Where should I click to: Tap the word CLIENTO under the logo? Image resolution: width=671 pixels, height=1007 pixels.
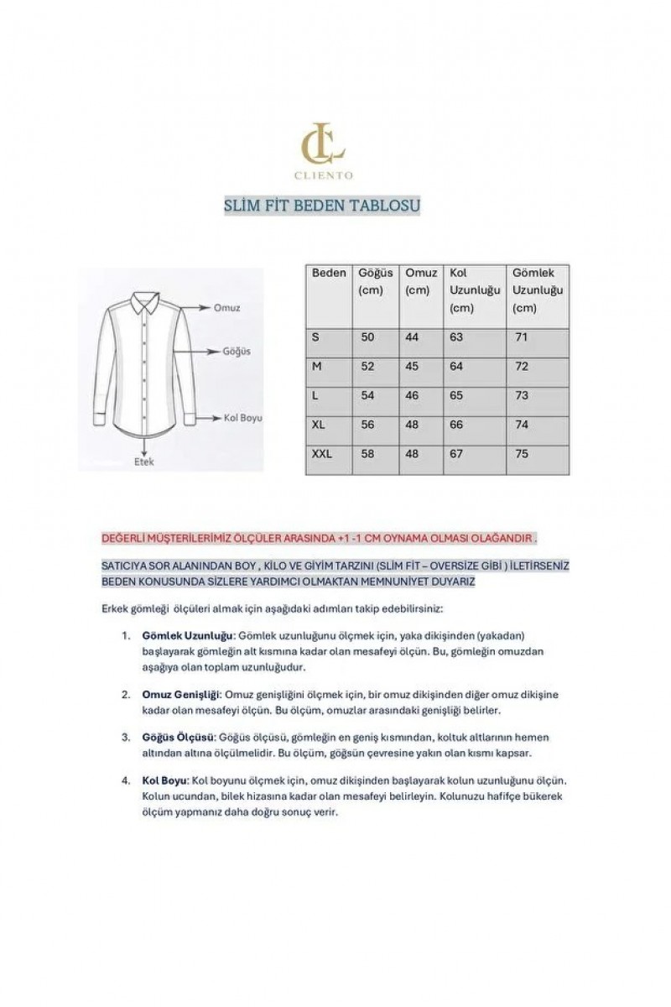pos(323,175)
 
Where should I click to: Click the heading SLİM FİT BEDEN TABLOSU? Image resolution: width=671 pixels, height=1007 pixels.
pos(322,206)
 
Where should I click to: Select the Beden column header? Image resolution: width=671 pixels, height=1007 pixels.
pos(329,274)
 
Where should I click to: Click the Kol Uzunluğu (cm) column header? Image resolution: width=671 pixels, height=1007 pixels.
pos(474,290)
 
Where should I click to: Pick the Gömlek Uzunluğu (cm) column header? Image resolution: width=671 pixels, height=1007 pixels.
pos(538,290)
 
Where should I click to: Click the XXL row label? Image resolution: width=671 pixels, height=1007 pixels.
pos(322,454)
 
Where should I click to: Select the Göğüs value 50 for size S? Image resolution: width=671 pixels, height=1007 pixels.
pos(367,337)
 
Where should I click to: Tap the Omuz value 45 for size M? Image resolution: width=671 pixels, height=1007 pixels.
pos(413,367)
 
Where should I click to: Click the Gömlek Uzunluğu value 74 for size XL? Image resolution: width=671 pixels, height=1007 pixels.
pos(523,425)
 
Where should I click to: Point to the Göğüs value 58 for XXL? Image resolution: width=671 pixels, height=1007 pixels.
pos(367,454)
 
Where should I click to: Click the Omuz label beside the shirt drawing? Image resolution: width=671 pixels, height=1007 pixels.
pos(226,308)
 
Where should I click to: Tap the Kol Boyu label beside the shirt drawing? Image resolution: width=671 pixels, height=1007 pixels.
pos(242,417)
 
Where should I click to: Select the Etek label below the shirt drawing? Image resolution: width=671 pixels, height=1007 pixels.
pos(144,462)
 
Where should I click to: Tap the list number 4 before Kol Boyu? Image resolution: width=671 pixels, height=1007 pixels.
pos(125,780)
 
